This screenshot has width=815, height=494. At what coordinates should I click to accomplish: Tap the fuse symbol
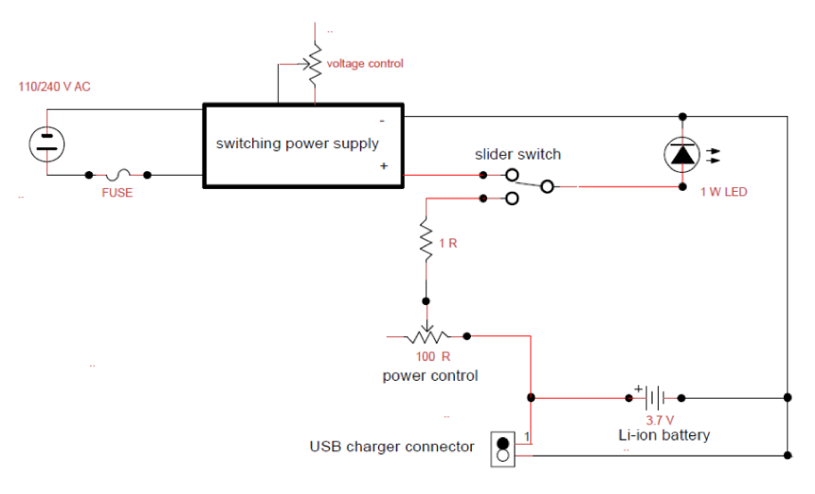point(118,175)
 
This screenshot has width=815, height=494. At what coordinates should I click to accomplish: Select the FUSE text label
point(117,193)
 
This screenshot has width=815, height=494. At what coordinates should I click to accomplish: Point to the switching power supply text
point(297,144)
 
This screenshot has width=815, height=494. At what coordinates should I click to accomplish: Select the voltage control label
point(365,63)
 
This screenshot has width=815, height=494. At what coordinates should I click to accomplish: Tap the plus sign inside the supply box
point(383,166)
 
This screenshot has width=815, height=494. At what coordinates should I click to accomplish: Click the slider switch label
point(517,154)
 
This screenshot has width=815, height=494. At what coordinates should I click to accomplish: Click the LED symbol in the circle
point(682,155)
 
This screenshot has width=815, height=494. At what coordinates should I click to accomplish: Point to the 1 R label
point(448,243)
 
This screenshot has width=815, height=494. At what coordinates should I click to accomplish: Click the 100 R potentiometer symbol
point(426,336)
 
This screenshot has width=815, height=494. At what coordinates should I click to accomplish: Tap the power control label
point(430,375)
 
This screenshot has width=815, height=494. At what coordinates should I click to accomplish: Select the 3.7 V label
point(660,419)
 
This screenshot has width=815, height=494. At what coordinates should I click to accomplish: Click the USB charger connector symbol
point(503,449)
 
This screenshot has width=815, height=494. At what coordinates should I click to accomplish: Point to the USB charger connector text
point(391,447)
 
